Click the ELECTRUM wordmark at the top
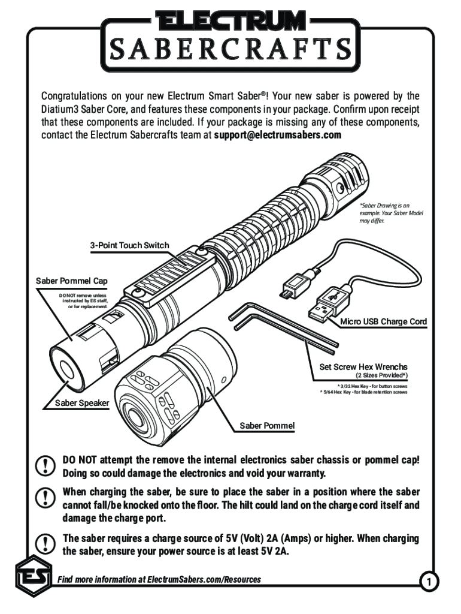click(230, 22)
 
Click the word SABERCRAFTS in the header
click(230, 47)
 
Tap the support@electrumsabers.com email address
click(278, 135)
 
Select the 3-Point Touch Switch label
click(129, 245)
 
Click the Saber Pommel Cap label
click(72, 281)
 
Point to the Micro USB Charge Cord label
click(384, 321)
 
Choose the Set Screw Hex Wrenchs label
click(363, 366)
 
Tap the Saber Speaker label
click(82, 403)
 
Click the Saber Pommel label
click(267, 426)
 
